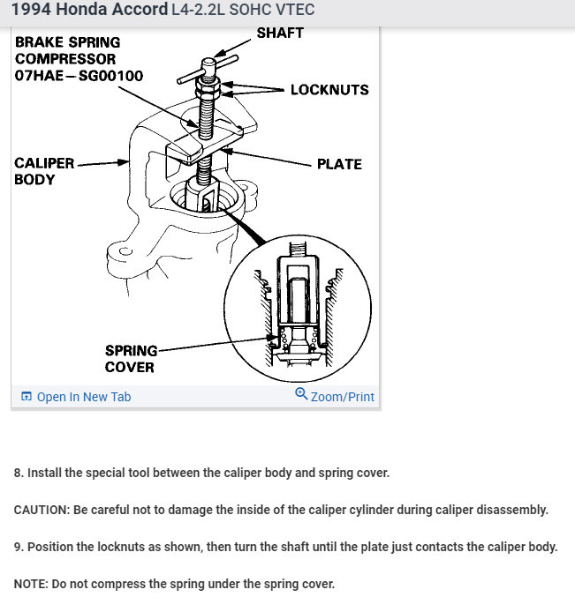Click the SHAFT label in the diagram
pyautogui.click(x=280, y=34)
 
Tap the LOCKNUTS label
pyautogui.click(x=329, y=90)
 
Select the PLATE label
pyautogui.click(x=339, y=164)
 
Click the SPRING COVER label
pyautogui.click(x=130, y=359)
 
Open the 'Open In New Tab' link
pyautogui.click(x=84, y=397)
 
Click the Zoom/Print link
pyautogui.click(x=342, y=397)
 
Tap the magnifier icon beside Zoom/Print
pyautogui.click(x=301, y=395)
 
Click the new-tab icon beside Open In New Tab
pyautogui.click(x=26, y=397)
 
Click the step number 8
pyautogui.click(x=18, y=473)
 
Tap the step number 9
pyautogui.click(x=18, y=547)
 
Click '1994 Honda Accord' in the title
pyautogui.click(x=89, y=11)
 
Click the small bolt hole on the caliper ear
pyautogui.click(x=126, y=250)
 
